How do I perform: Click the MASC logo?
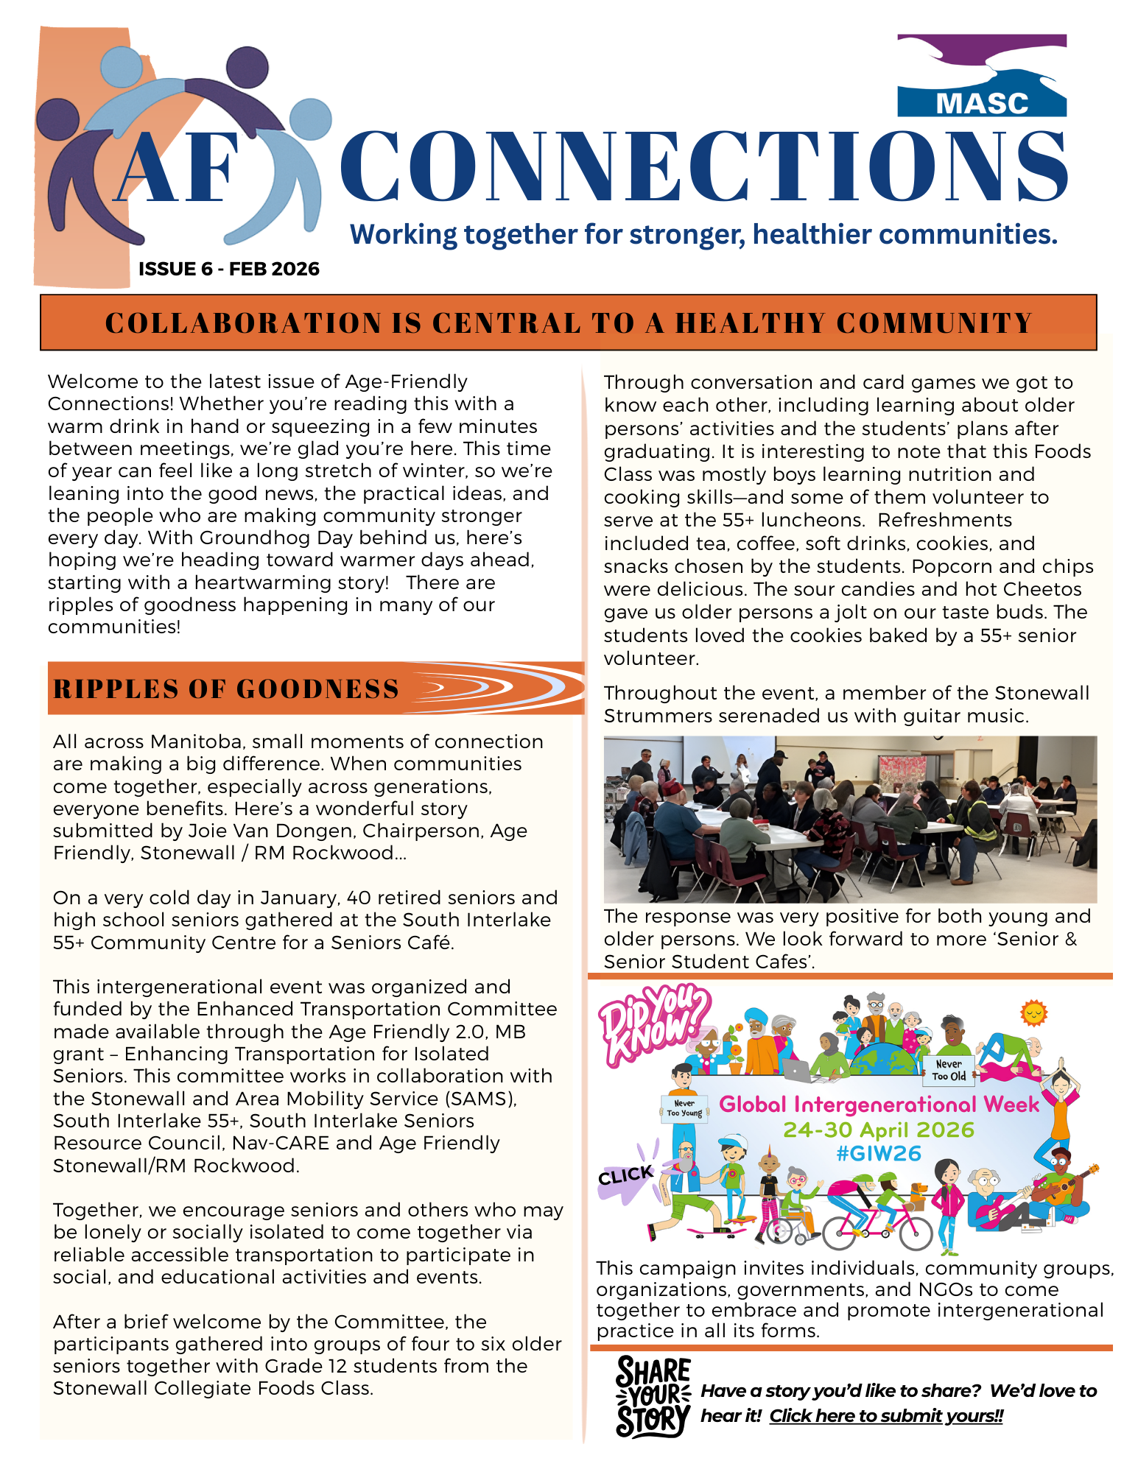[x=981, y=77]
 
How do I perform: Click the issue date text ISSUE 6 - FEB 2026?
[x=228, y=269]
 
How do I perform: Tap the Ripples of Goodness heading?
[x=226, y=689]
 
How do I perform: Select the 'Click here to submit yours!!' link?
[x=886, y=1415]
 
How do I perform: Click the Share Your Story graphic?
[x=653, y=1395]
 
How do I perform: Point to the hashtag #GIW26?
[x=879, y=1153]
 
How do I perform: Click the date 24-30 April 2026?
[x=878, y=1130]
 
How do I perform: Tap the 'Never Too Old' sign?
[x=949, y=1070]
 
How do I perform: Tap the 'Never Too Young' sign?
[x=684, y=1107]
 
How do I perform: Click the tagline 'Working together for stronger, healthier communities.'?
[x=703, y=234]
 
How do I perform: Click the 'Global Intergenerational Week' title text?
[x=879, y=1104]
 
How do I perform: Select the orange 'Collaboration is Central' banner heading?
[x=568, y=323]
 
